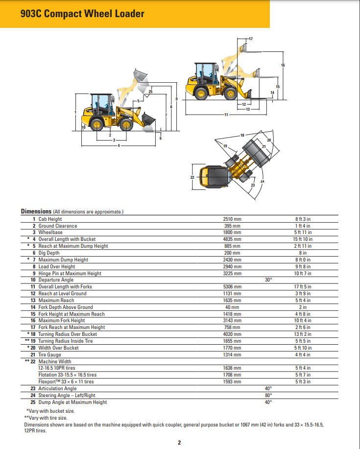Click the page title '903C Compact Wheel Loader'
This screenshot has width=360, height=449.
pos(82,14)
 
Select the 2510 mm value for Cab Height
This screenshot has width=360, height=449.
pos(232,219)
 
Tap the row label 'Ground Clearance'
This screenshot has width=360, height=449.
pos(58,226)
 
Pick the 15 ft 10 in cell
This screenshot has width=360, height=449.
pos(303,239)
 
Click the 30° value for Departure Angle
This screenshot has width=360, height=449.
pos(268,280)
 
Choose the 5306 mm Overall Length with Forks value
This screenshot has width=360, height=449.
pos(232,287)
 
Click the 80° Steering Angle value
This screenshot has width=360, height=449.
pos(268,396)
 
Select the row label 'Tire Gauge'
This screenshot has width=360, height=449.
pos(50,354)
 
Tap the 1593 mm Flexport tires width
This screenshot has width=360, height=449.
pos(232,381)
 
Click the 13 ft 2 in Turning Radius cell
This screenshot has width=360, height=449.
pos(303,334)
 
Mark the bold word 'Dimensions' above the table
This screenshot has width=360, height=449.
pos(36,212)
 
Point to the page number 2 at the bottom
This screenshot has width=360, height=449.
pos(179,443)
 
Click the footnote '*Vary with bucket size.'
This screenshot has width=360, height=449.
pos(50,411)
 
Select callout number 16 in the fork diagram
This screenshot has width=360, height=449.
pos(283,65)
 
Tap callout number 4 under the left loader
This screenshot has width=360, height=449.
pos(119,145)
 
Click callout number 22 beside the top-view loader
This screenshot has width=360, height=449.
pos(192,177)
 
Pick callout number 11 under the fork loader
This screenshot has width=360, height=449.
pos(226,115)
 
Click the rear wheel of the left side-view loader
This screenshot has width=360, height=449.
pos(96,124)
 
